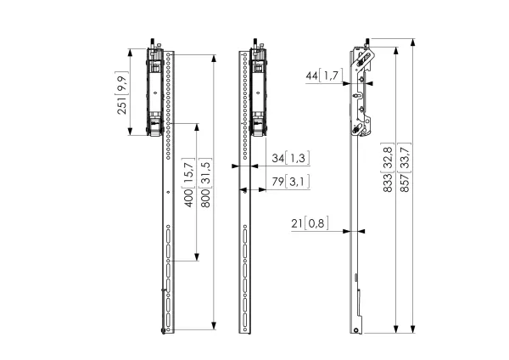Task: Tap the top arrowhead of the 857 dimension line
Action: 412,42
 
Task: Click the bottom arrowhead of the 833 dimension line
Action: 395,329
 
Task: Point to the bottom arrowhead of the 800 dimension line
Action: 214,325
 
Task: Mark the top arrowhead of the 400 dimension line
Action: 197,127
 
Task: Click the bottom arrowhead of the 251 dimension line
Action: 130,131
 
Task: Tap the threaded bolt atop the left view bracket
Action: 152,43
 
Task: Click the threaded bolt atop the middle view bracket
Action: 255,43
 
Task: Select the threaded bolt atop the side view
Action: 367,42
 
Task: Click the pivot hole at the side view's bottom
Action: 356,330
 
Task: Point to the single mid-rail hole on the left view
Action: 168,193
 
